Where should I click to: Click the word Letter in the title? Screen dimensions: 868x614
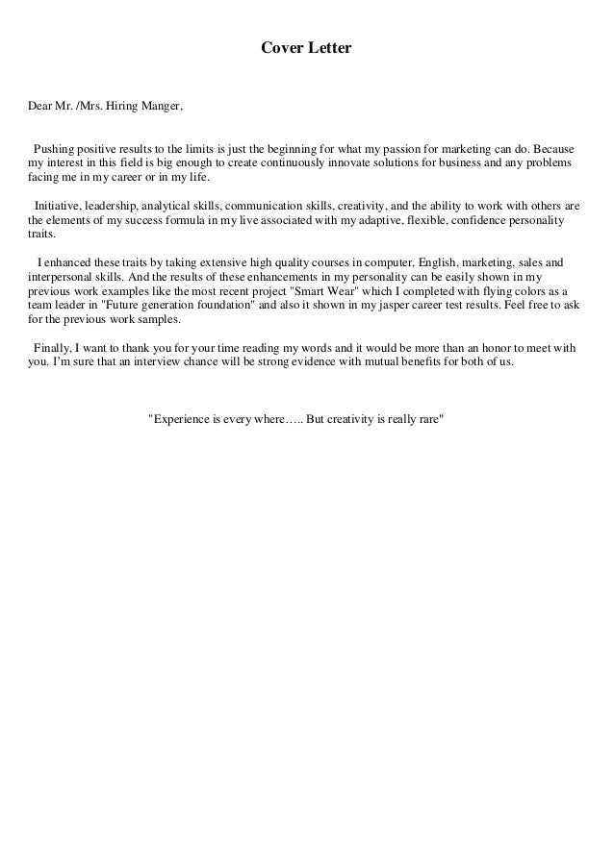(329, 46)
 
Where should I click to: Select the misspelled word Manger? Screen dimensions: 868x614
(161, 105)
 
